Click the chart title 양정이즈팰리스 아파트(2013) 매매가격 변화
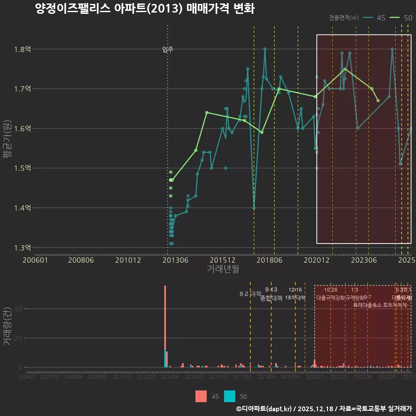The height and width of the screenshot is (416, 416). coord(145,9)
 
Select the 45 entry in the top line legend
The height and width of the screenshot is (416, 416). coord(375,18)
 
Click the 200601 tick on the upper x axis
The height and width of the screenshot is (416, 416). coord(35,260)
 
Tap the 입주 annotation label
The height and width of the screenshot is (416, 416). coord(168,50)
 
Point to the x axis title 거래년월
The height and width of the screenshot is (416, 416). coord(223,269)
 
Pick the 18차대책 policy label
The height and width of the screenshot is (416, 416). coord(296,298)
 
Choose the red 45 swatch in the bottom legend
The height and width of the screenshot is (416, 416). coord(201,396)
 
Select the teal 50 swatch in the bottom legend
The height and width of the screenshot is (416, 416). coord(230,396)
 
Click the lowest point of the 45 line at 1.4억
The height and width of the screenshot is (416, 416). coord(254,208)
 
